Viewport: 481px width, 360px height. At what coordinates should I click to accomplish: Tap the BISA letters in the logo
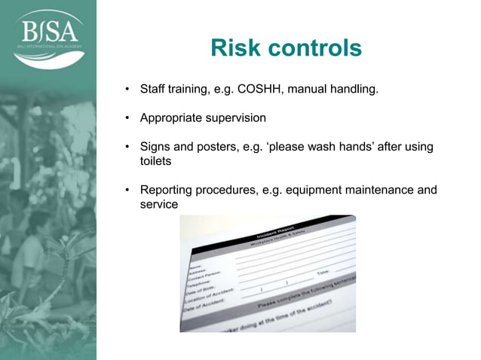(47, 32)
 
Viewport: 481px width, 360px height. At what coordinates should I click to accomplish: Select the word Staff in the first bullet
(154, 90)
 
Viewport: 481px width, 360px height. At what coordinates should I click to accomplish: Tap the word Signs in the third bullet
(156, 147)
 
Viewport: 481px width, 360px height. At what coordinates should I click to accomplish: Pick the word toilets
(156, 161)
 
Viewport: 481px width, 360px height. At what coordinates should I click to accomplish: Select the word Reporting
(167, 190)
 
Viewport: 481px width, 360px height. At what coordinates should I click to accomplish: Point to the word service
(159, 204)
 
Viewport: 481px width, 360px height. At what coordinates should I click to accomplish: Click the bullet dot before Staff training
(128, 91)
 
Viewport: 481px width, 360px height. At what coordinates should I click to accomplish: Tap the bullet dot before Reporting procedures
(128, 191)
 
